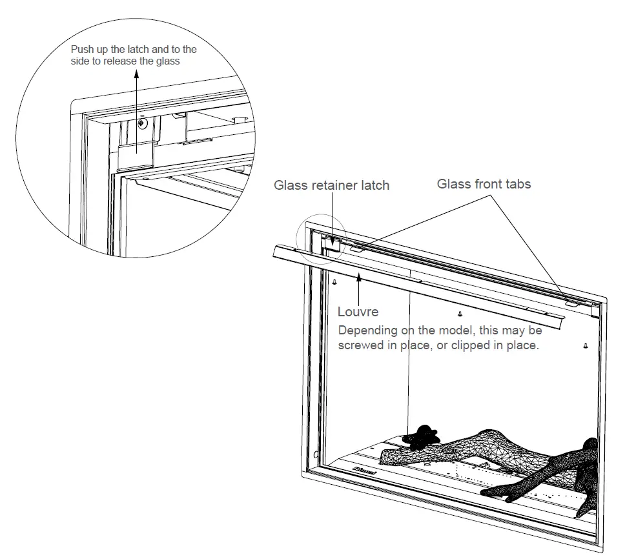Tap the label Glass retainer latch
pyautogui.click(x=331, y=186)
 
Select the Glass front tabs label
pyautogui.click(x=484, y=184)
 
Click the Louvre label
pyautogui.click(x=358, y=312)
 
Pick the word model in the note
pyautogui.click(x=455, y=330)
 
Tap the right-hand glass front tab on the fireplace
pyautogui.click(x=571, y=301)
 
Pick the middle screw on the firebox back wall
pyautogui.click(x=459, y=314)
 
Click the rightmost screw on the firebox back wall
pyautogui.click(x=585, y=345)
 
